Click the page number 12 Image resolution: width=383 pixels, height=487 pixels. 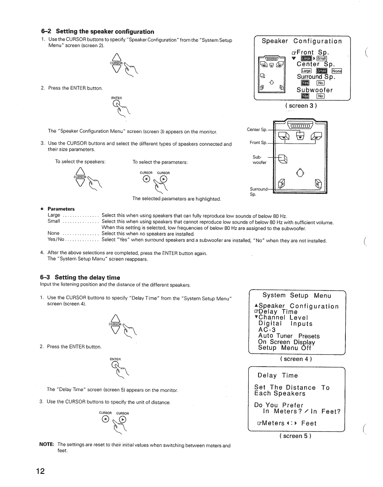[40, 471]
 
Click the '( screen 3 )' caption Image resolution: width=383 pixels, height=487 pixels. [302, 106]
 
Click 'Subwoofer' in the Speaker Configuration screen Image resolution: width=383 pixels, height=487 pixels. [315, 90]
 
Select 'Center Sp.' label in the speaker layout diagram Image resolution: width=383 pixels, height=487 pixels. [257, 130]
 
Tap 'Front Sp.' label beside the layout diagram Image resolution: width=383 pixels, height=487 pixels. [259, 142]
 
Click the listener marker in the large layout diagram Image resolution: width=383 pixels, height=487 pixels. [302, 172]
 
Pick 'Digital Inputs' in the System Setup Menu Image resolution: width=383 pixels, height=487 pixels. [285, 324]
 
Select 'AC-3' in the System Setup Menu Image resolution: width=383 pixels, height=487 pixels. [267, 330]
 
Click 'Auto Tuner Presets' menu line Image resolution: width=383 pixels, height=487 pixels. [289, 336]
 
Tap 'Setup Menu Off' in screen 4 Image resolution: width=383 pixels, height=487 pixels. [284, 348]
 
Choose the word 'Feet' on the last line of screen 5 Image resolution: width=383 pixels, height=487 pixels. [309, 423]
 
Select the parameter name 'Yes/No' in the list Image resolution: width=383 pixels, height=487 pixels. [56, 240]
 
